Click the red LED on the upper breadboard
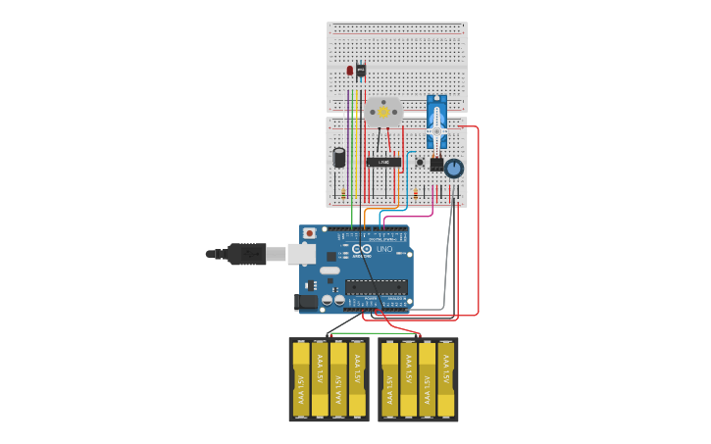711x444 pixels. (x=349, y=71)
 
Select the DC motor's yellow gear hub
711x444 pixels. (x=383, y=111)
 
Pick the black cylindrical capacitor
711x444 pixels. (x=339, y=158)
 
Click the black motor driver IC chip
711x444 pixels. (x=383, y=162)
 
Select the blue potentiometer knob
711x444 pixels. (x=453, y=169)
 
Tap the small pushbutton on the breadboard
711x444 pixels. (x=420, y=162)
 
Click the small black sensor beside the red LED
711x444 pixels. (x=361, y=71)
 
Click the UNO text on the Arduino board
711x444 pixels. (x=384, y=249)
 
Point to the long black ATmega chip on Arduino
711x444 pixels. (x=376, y=287)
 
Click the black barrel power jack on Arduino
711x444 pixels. (x=307, y=303)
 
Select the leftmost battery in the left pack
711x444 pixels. (x=301, y=379)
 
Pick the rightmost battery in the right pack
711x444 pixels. (x=446, y=379)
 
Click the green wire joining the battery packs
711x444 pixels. (x=374, y=333)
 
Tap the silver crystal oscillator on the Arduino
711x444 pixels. (x=330, y=270)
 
